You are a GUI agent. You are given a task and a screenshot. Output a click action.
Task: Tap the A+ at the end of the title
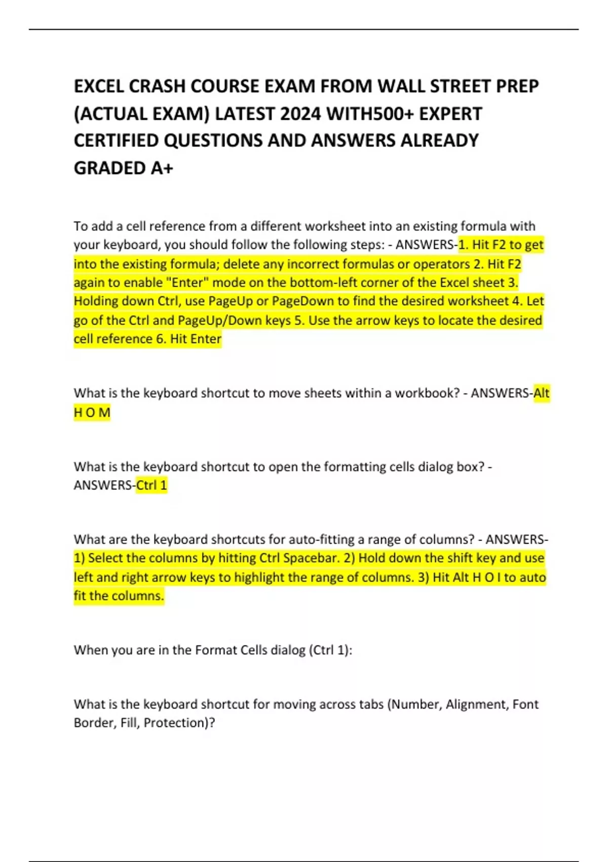[x=162, y=168]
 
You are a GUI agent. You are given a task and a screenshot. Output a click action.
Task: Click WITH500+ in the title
[x=370, y=114]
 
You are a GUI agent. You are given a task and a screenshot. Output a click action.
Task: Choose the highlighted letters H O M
[x=92, y=413]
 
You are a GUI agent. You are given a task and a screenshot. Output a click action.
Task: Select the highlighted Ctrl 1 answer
[x=151, y=485]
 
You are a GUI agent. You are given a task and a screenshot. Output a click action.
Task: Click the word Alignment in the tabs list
[x=476, y=704]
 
